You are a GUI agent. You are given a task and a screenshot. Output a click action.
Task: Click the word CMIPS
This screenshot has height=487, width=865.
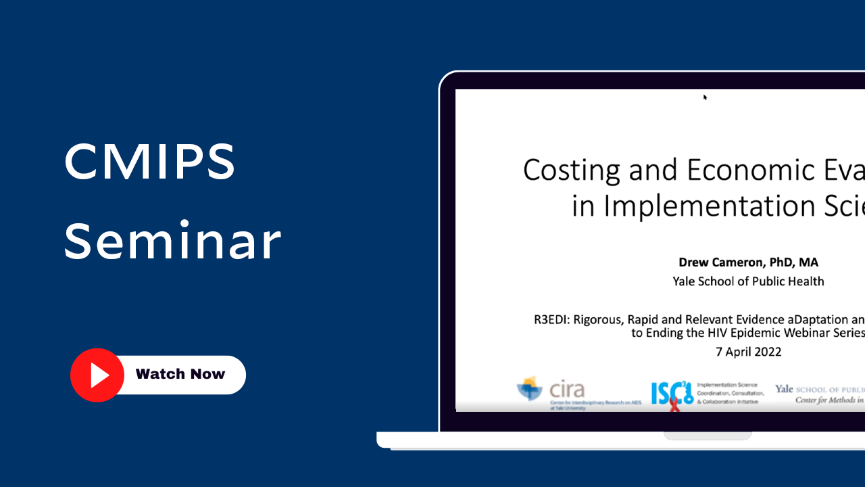149,162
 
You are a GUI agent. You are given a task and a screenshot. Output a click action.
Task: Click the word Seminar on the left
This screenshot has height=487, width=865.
172,241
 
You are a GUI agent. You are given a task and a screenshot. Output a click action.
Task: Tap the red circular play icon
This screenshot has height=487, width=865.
97,375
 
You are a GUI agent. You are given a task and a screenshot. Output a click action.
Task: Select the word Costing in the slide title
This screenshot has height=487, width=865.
571,170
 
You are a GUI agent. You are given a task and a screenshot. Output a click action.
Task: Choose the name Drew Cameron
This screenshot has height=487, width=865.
715,262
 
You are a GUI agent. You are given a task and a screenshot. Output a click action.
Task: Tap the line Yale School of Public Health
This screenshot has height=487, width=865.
748,281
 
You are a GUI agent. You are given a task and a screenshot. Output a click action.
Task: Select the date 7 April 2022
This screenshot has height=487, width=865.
748,352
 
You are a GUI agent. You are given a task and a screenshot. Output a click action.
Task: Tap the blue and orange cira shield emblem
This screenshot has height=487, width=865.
529,389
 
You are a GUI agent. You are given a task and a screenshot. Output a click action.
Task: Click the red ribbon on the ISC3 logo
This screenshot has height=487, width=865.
674,404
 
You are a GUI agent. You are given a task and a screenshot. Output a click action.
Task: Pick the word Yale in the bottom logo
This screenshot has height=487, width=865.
784,389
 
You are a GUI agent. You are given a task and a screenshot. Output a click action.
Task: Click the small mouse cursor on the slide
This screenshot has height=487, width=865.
705,97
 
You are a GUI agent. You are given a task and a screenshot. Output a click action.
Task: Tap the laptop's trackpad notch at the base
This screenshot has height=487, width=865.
708,436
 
